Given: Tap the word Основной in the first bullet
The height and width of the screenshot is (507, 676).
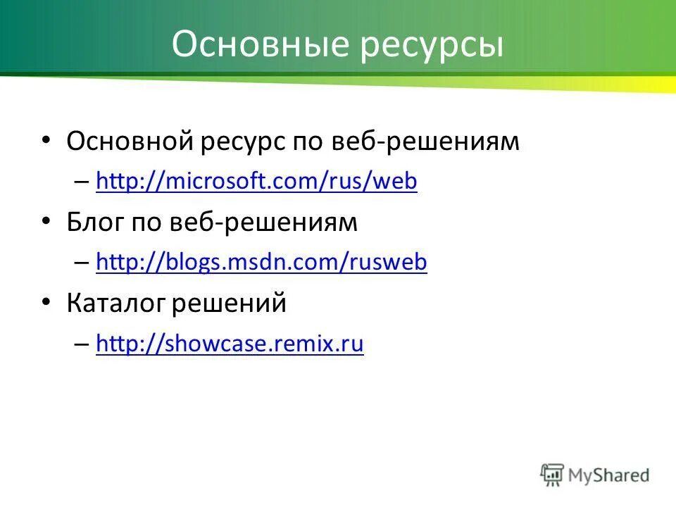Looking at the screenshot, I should click(130, 142).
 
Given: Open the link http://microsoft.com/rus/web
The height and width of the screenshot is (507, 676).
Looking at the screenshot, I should click(256, 182).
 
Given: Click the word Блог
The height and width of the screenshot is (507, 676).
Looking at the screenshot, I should click(96, 223).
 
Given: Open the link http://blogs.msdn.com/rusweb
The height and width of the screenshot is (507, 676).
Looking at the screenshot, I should click(261, 263).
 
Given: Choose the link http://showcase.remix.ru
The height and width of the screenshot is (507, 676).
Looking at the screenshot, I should click(230, 344).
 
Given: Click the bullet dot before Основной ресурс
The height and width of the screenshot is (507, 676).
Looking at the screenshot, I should click(46, 140).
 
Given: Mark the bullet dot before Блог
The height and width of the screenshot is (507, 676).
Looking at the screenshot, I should click(46, 221).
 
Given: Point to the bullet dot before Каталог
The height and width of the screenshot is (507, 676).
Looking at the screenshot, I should click(46, 301).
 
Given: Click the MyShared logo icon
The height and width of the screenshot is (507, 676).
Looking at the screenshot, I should click(553, 474).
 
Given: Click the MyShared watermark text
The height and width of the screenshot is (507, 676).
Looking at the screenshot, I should click(610, 475).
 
